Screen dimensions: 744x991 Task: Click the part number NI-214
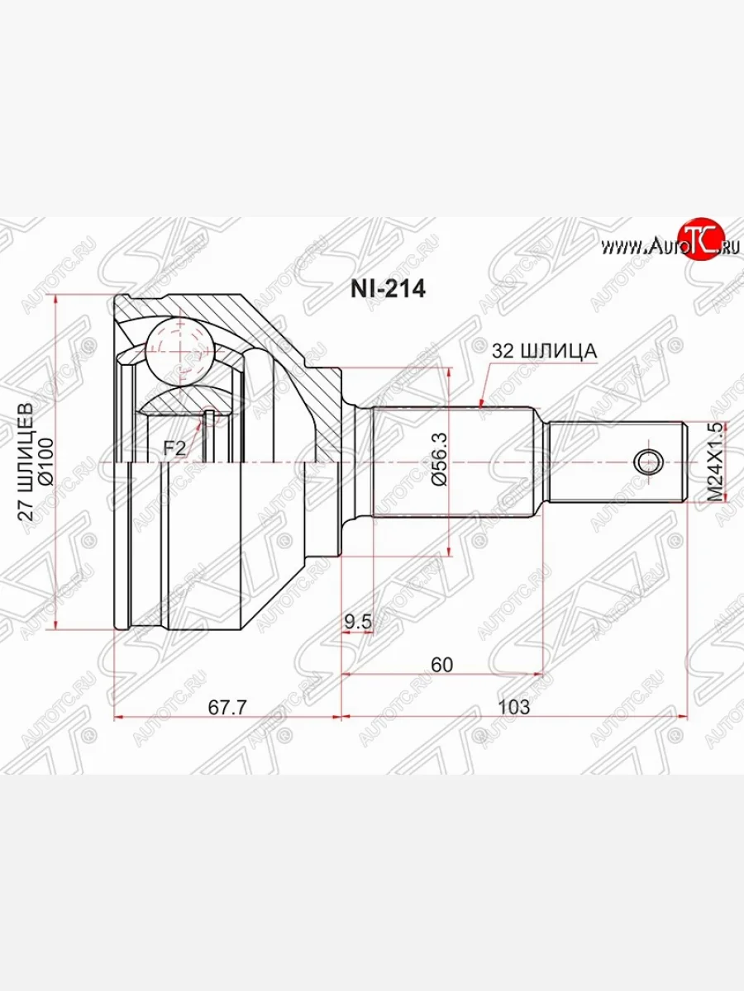(388, 289)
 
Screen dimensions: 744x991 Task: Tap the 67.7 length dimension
(227, 707)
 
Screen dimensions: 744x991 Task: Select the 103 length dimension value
(514, 707)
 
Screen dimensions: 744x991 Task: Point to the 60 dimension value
(441, 664)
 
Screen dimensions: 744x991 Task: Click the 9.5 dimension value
(358, 622)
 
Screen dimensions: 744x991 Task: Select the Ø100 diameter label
(46, 462)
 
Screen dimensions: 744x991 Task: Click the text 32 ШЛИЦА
(544, 351)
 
